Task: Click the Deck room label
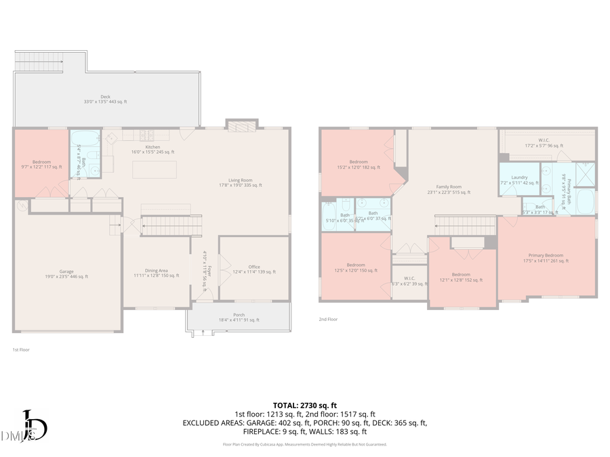(105, 99)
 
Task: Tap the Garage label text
(66, 274)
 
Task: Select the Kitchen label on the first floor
(152, 149)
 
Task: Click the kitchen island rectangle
(155, 169)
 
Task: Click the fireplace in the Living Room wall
(241, 126)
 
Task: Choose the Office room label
(254, 269)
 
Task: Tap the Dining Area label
(156, 274)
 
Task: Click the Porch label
(239, 318)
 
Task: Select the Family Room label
(449, 189)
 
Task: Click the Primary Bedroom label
(546, 258)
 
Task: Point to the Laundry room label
(519, 179)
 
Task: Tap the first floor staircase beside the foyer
(172, 225)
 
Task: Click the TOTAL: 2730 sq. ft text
(304, 404)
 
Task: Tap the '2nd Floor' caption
(328, 319)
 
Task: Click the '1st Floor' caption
(21, 350)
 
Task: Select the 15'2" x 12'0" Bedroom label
(359, 164)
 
